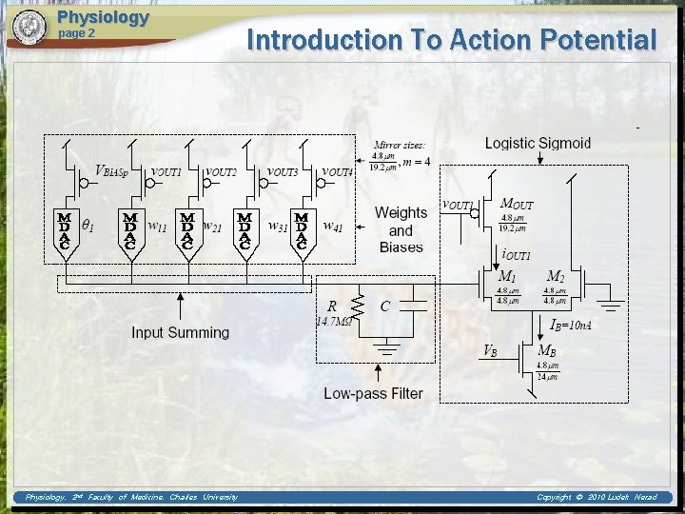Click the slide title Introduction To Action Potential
pos(451,40)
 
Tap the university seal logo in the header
pos(29,27)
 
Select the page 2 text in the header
pos(77,33)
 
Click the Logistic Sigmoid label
pos(538,144)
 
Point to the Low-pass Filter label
pos(373,393)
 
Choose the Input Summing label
pos(180,332)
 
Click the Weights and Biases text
pos(401,230)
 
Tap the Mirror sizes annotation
pos(400,146)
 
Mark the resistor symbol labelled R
pos(359,306)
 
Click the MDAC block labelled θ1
pos(65,229)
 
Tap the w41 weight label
pos(333,227)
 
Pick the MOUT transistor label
pos(517,204)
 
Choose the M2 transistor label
pos(556,277)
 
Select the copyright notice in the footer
pos(597,497)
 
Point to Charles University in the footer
pos(204,497)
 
